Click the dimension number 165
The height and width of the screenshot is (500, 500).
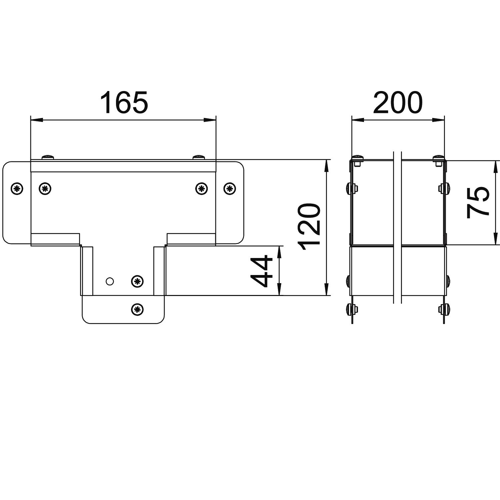pyautogui.click(x=124, y=102)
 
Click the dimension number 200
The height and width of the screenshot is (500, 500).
pyautogui.click(x=398, y=102)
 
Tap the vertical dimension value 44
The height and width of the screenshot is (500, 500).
pyautogui.click(x=261, y=271)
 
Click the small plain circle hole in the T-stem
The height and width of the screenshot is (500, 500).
pyautogui.click(x=110, y=281)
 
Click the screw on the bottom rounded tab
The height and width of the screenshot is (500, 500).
pyautogui.click(x=137, y=309)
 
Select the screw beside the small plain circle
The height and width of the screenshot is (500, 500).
pyautogui.click(x=137, y=281)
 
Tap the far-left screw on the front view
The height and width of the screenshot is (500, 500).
pyautogui.click(x=17, y=189)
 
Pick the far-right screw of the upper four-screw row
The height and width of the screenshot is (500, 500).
pyautogui.click(x=229, y=189)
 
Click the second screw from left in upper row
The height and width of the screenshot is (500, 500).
pyautogui.click(x=45, y=189)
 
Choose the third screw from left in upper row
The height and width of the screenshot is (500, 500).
pyautogui.click(x=201, y=189)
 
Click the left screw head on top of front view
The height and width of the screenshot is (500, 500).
pyautogui.click(x=48, y=157)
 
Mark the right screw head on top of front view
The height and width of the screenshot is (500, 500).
pyautogui.click(x=199, y=157)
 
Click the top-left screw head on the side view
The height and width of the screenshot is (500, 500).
pyautogui.click(x=357, y=157)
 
